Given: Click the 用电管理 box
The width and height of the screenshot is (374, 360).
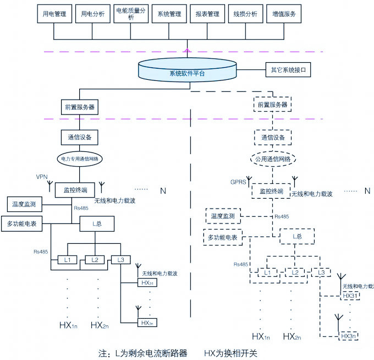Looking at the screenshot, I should click(54, 15).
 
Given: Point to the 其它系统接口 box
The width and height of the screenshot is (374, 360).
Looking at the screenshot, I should click(288, 71).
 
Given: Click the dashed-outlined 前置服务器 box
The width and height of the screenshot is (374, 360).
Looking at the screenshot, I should click(273, 105).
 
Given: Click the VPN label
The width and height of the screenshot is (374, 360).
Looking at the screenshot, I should click(42, 177).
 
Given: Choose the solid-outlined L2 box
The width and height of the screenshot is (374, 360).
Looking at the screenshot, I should click(95, 259).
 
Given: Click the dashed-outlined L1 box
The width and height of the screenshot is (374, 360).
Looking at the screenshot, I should click(268, 272).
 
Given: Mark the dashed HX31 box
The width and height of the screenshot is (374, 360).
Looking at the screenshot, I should click(350, 296).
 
